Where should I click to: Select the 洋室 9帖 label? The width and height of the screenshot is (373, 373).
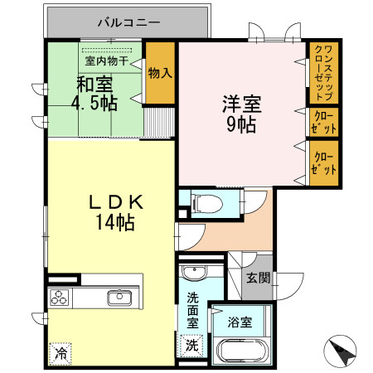coord(241,114)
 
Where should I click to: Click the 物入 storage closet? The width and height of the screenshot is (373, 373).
coord(160,75)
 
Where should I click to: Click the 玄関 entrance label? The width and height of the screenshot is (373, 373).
coord(257,278)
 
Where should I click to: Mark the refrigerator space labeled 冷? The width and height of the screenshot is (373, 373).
coord(61,353)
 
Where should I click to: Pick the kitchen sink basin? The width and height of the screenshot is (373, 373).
coord(118,297)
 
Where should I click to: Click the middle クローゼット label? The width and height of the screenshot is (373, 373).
coord(323,123)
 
